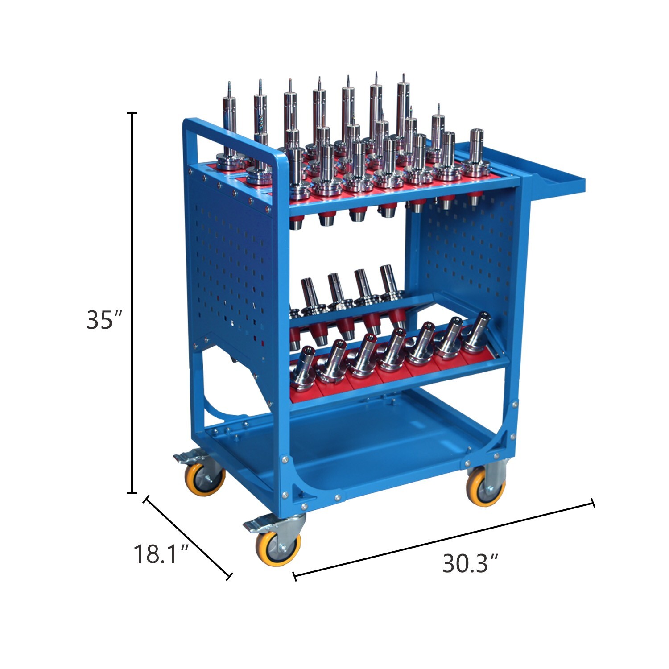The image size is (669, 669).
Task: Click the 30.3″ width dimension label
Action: pos(470,564)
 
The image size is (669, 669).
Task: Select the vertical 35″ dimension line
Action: pos(132,303)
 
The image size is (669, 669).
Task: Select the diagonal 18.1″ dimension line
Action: pos(187,537)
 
